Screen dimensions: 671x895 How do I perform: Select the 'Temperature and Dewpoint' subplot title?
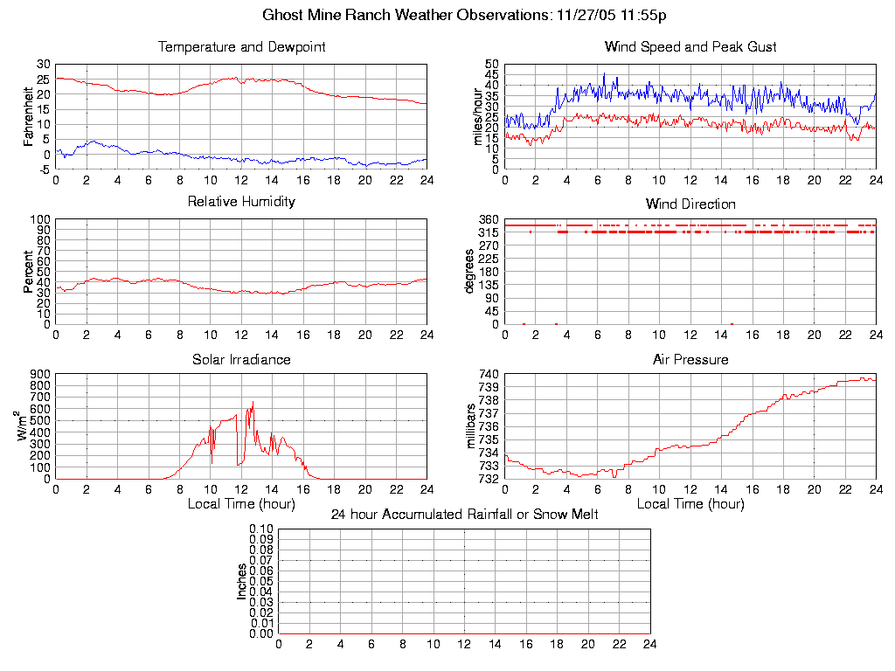click(x=241, y=46)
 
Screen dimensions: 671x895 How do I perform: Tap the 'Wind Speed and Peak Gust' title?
click(x=690, y=46)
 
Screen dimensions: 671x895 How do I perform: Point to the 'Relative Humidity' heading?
click(x=241, y=202)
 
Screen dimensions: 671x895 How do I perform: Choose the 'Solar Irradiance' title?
click(x=241, y=359)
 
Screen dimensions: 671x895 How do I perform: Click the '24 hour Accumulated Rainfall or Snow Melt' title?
click(x=464, y=515)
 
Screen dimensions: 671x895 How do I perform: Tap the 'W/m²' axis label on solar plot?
click(x=23, y=425)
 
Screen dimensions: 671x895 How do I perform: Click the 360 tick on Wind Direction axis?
click(x=488, y=218)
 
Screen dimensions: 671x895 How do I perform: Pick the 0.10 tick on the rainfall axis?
click(x=260, y=529)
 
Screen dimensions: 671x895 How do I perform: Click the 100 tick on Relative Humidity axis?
click(x=40, y=218)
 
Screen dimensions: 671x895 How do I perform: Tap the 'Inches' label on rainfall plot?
click(x=242, y=581)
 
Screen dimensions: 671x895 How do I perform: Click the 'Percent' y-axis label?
click(x=29, y=272)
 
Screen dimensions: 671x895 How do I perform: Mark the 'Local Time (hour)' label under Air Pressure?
click(x=690, y=504)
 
